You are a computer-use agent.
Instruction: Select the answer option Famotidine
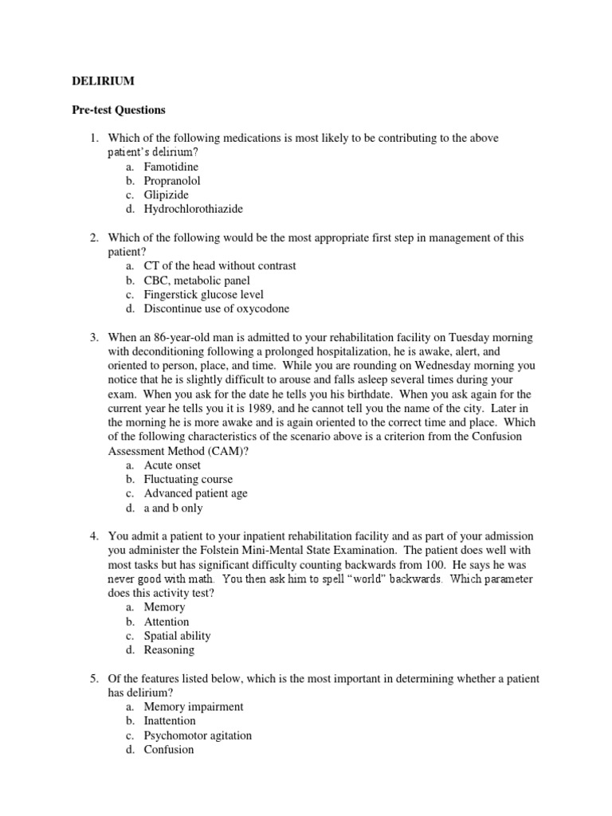click(171, 167)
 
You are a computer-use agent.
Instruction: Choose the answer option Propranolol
click(172, 181)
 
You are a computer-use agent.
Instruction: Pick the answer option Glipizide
click(167, 195)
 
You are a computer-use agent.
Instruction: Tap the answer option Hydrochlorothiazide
click(193, 210)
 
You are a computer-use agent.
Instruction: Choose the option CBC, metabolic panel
click(197, 280)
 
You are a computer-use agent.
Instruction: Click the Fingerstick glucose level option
click(203, 295)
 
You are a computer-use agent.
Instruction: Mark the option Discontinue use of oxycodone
click(216, 309)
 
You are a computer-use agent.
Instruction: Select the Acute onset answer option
click(172, 465)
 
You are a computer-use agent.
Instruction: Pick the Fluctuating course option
click(188, 480)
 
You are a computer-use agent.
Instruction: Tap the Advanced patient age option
click(195, 494)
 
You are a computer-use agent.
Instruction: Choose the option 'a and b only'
click(173, 508)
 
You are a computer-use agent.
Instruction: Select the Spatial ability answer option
click(177, 636)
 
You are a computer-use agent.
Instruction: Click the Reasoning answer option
click(169, 650)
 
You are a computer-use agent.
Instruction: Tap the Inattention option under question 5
click(170, 721)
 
